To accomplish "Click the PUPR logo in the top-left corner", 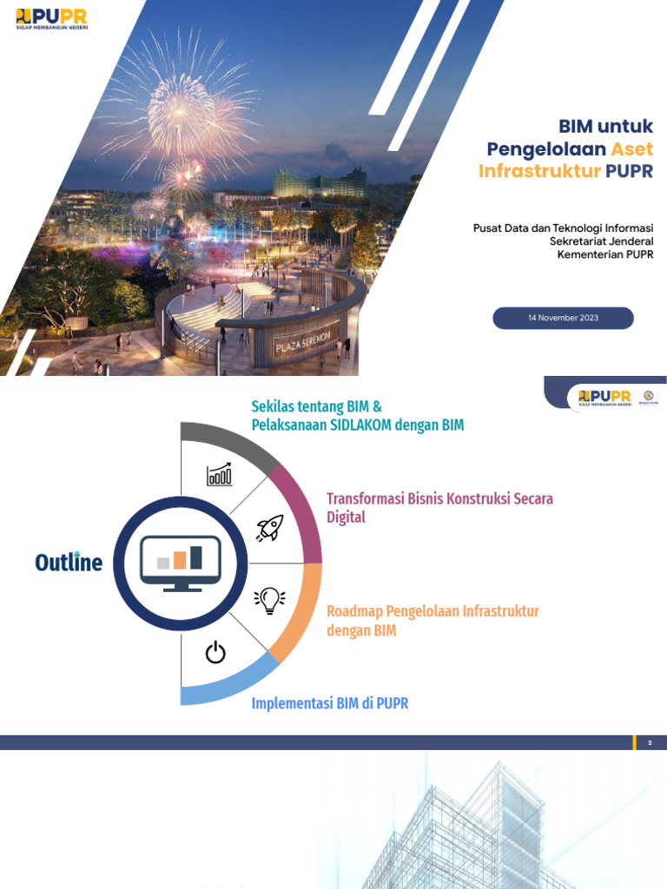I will click(x=51, y=18).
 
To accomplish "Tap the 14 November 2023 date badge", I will click(x=563, y=319).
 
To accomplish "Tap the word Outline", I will click(x=69, y=563).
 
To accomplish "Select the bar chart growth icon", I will click(x=219, y=474).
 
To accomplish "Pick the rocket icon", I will click(x=269, y=528).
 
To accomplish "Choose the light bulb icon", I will click(x=269, y=600).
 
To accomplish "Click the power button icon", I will click(x=215, y=652).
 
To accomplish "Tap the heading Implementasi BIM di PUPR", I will click(x=330, y=703).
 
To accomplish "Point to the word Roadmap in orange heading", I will click(x=354, y=611).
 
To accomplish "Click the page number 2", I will click(x=650, y=743).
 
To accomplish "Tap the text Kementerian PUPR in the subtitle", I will click(x=604, y=254).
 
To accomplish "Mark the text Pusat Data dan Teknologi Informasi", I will click(x=563, y=228).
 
